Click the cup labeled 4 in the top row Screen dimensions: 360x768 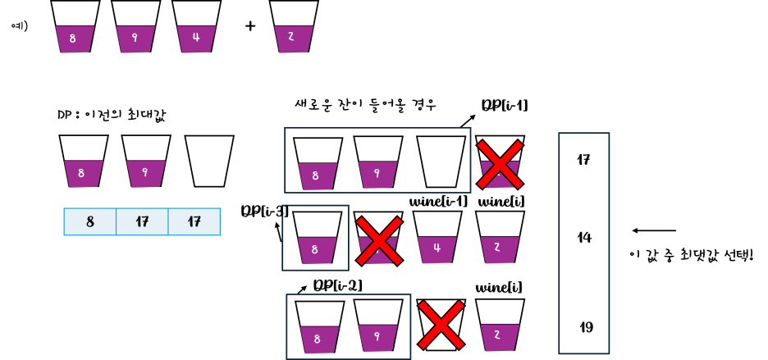click(x=196, y=28)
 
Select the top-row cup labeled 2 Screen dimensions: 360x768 click(x=294, y=28)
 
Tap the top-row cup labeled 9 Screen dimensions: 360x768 click(x=135, y=28)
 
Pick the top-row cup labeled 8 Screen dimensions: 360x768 click(x=75, y=28)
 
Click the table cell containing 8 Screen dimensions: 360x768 click(x=90, y=221)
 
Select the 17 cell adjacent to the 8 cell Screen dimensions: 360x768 click(x=142, y=221)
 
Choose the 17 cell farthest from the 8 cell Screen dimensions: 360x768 click(x=194, y=221)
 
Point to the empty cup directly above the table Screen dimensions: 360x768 click(x=209, y=161)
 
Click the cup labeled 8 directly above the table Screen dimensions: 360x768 click(x=84, y=162)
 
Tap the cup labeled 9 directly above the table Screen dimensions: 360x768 click(x=146, y=162)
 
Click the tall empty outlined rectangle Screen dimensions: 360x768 click(x=583, y=243)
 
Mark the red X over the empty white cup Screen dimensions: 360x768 click(x=441, y=325)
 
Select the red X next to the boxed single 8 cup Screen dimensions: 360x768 click(x=378, y=240)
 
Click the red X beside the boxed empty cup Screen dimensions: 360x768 click(x=500, y=163)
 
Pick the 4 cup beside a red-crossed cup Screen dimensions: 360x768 click(x=437, y=238)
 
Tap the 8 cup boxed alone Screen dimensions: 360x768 click(x=317, y=239)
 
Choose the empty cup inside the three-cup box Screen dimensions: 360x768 click(x=441, y=162)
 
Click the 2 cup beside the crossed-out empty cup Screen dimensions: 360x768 click(x=500, y=326)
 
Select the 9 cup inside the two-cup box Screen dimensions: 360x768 click(x=378, y=326)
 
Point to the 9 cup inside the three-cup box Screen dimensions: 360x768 click(x=378, y=163)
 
